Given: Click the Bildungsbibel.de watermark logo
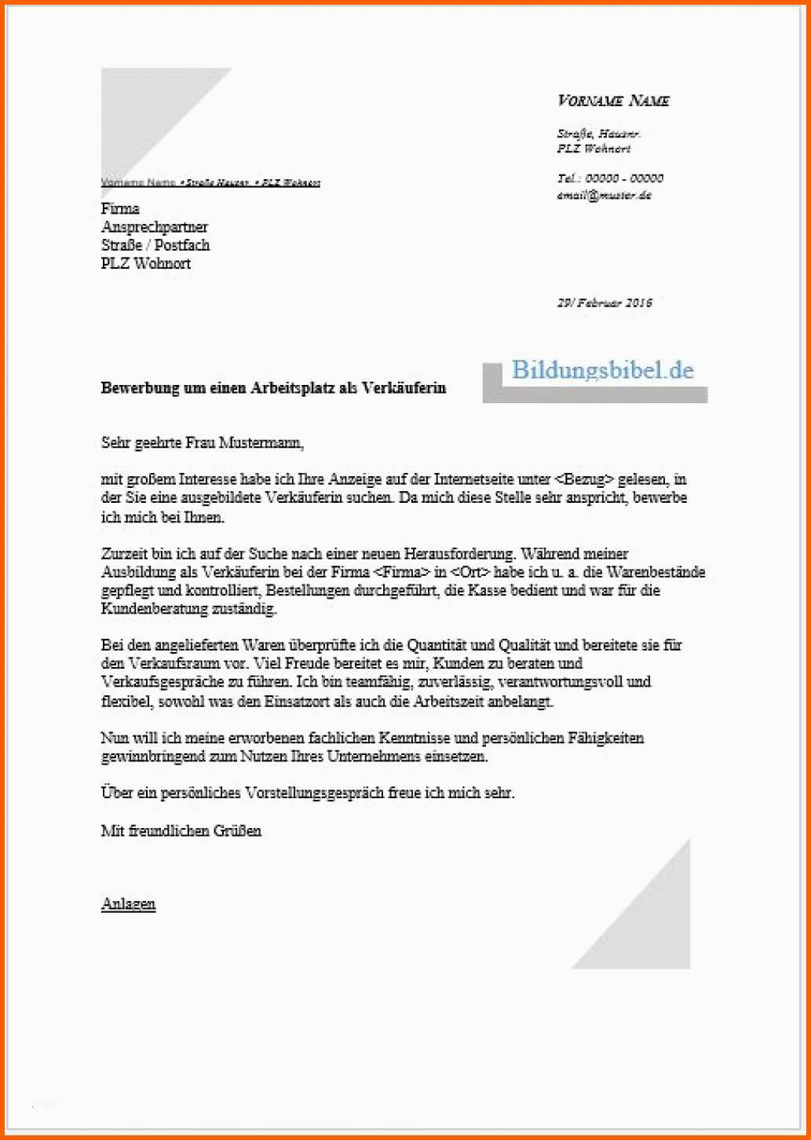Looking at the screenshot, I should coord(602,371).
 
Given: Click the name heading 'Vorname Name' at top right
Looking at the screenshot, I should coord(613,101).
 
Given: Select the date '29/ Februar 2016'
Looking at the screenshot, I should coord(605,302).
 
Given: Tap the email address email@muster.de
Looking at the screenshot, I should coord(605,196).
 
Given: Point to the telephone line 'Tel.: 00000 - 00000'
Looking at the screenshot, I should coord(610,178).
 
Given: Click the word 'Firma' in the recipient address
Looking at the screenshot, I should coord(120,208).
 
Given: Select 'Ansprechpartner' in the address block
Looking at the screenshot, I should coord(155,227).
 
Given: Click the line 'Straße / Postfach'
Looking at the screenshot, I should coord(155,245).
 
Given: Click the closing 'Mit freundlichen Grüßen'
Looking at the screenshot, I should coord(181,830).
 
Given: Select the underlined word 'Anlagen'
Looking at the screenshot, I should coord(129,904).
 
